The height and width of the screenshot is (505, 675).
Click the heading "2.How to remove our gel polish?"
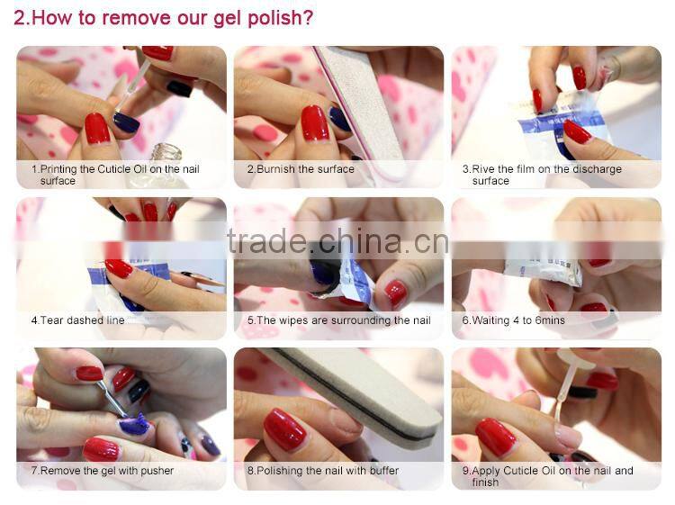[x=163, y=19]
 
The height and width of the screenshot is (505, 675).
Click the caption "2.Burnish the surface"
[x=301, y=169]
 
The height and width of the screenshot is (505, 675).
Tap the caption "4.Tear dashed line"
[x=78, y=320]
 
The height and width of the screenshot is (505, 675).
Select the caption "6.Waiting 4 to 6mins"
[x=514, y=320]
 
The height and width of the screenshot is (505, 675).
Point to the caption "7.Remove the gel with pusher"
[x=103, y=471]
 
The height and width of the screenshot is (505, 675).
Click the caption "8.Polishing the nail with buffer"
[x=323, y=471]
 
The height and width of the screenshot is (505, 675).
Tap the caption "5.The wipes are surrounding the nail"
[x=339, y=320]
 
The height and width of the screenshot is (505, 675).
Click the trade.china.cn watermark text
[x=338, y=242]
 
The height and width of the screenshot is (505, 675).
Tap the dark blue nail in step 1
[x=126, y=122]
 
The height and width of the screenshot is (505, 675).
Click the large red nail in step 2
[x=315, y=123]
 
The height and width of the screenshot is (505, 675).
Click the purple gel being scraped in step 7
[x=135, y=424]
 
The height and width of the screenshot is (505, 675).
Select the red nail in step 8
[x=284, y=429]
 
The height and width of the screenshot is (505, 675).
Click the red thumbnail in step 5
[x=395, y=293]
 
